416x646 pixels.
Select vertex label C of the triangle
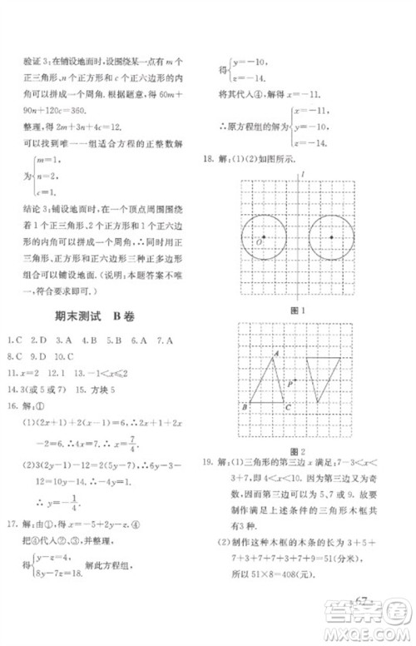[x=288, y=406]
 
